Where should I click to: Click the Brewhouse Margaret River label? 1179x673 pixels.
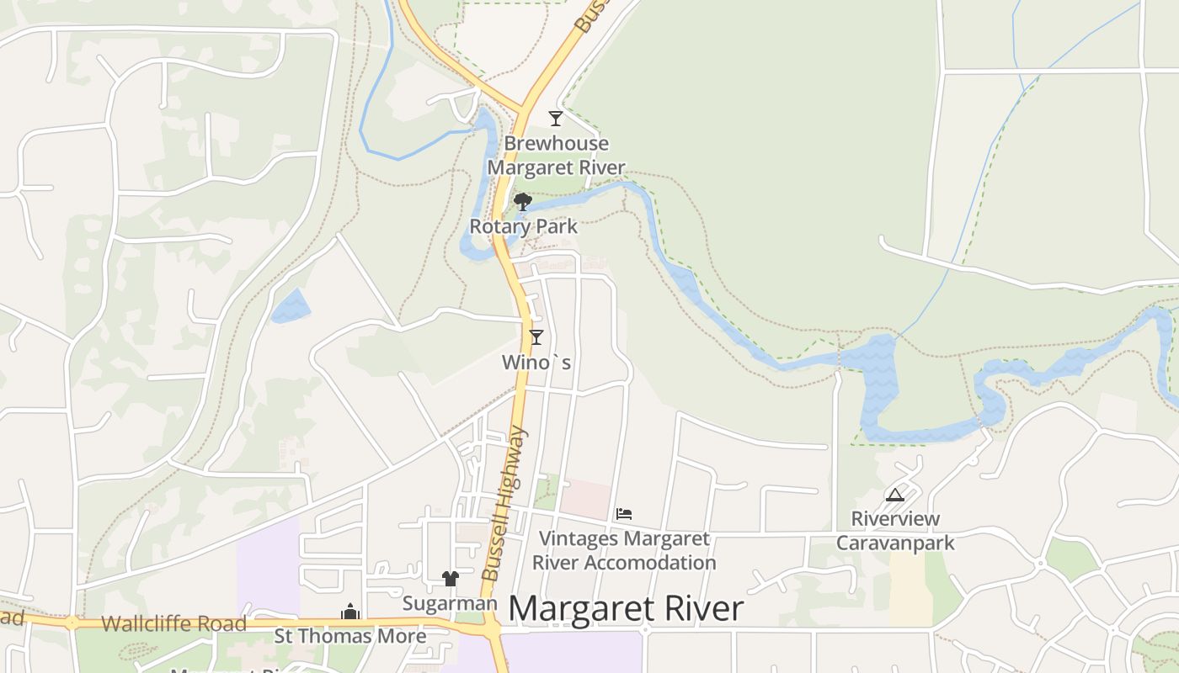[x=556, y=155]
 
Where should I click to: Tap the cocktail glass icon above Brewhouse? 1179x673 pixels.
[x=555, y=118]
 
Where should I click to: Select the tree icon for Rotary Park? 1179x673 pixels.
[x=523, y=202]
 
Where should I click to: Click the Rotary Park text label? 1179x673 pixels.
[x=523, y=226]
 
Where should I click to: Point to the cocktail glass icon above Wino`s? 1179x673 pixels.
[x=536, y=337]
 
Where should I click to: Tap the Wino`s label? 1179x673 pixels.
[x=536, y=363]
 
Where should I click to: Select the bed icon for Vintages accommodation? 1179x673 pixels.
[x=624, y=513]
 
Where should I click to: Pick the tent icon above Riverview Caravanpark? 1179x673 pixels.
[x=894, y=495]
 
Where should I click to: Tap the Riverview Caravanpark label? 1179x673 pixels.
[x=895, y=530]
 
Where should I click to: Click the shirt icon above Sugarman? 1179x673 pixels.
[x=451, y=579]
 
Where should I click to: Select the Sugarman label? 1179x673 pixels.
[x=450, y=603]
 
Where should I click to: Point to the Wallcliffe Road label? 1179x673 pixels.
[x=173, y=624]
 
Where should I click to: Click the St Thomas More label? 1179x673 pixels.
[x=350, y=636]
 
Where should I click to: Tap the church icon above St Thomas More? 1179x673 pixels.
[x=350, y=612]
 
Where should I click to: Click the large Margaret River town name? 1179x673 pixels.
[x=626, y=609]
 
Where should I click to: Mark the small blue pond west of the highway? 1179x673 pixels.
[x=291, y=306]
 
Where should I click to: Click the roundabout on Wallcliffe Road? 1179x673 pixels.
[x=72, y=623]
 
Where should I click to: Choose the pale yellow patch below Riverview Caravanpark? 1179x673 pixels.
[x=910, y=589]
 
